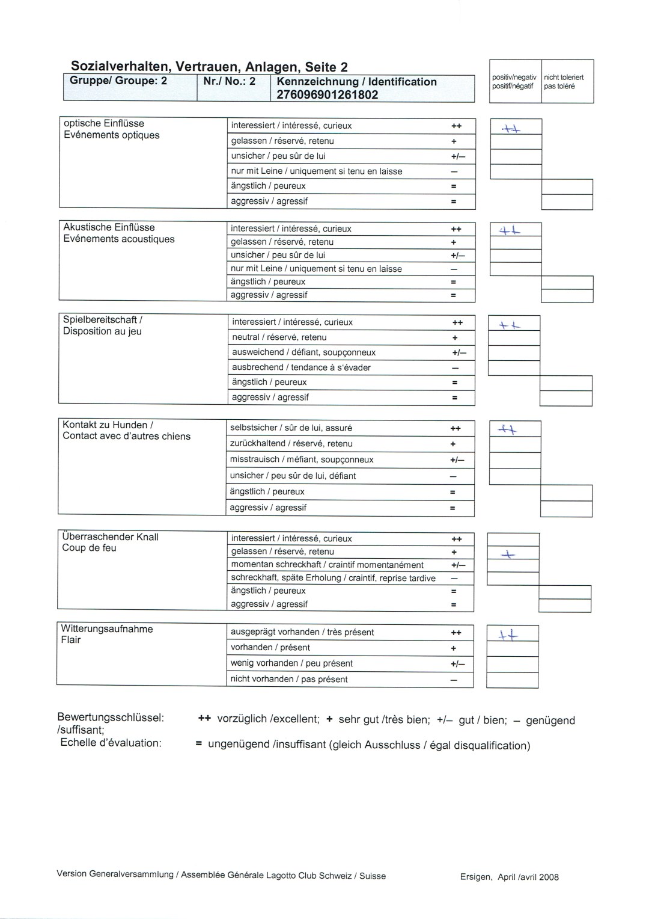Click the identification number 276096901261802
tap(327, 94)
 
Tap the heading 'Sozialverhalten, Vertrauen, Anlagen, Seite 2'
tap(209, 67)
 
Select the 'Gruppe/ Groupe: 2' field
tap(118, 81)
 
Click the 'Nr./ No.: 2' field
tap(229, 81)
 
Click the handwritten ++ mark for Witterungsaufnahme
tap(508, 635)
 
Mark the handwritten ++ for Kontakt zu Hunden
tap(508, 429)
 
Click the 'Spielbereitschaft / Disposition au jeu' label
tap(103, 325)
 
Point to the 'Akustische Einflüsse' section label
tap(109, 227)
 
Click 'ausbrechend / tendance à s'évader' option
tap(301, 367)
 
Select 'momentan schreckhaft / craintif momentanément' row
tap(327, 565)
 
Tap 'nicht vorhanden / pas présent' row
tap(289, 679)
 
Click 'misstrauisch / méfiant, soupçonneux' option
tap(302, 459)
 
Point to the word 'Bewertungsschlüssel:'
tap(111, 718)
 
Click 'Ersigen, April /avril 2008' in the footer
tap(509, 877)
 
